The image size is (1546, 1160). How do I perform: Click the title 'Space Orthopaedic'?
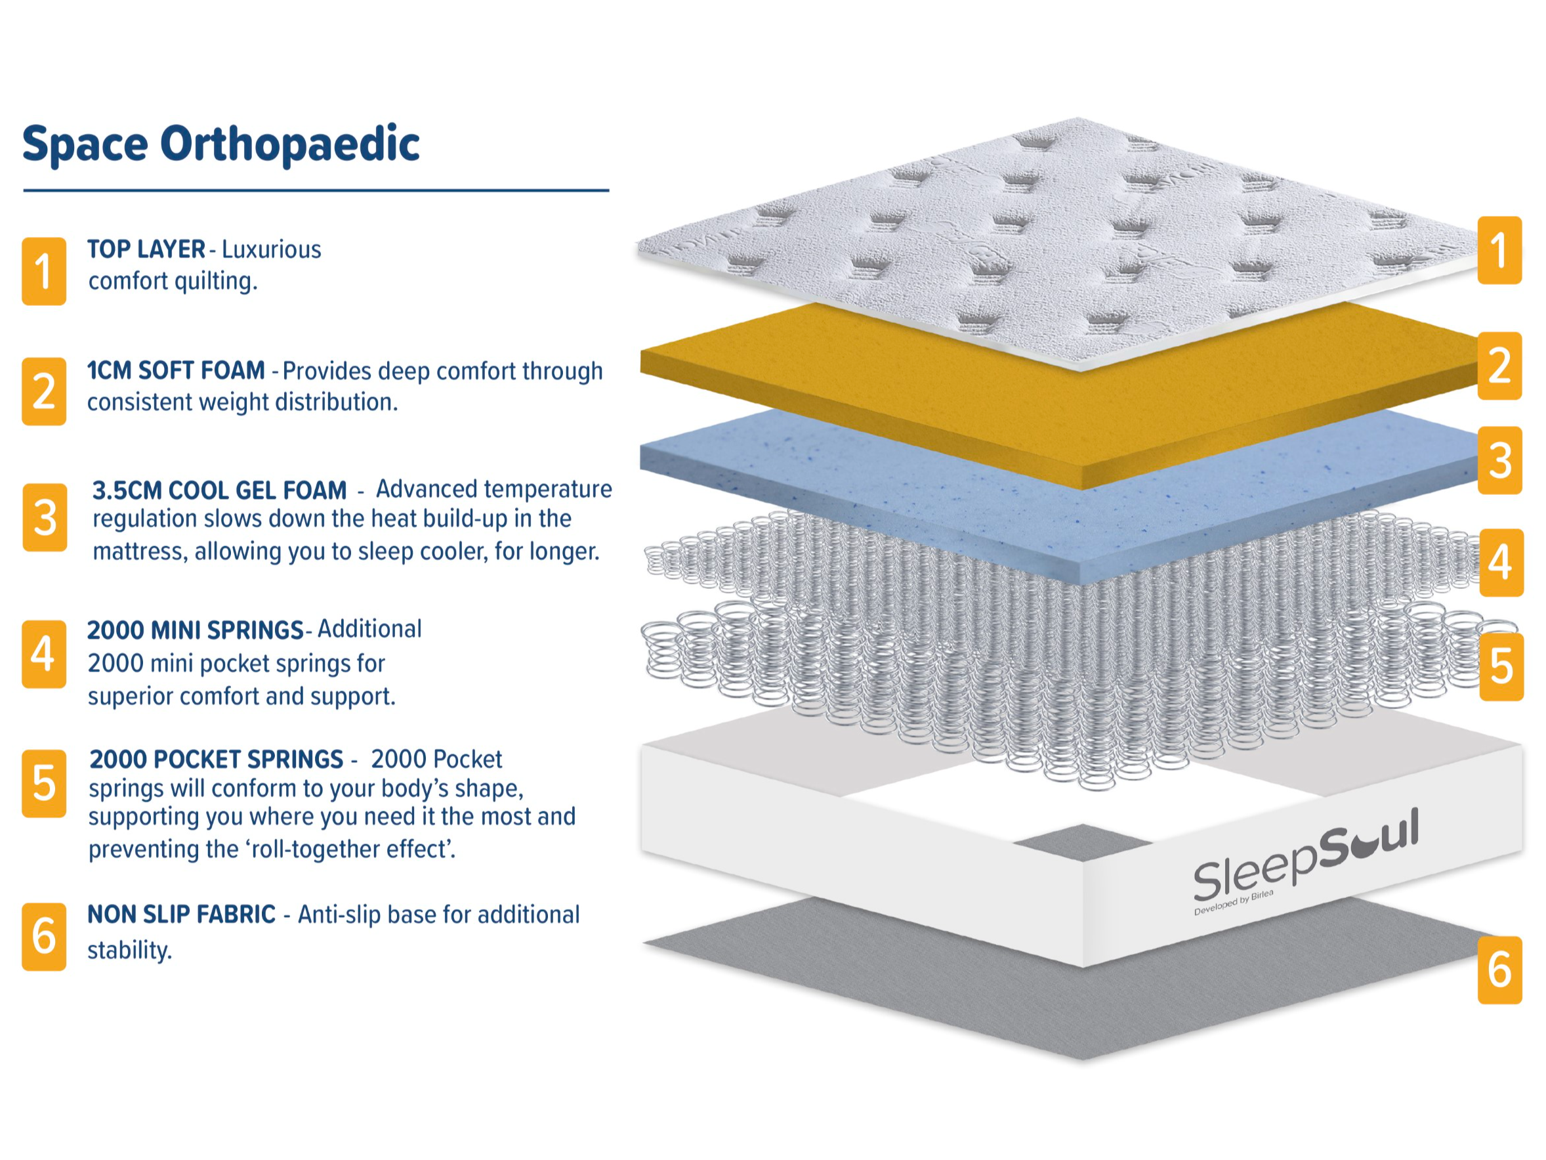(221, 144)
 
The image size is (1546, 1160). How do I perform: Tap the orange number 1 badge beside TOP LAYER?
(44, 271)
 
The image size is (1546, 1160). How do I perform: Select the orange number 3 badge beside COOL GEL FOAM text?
(45, 517)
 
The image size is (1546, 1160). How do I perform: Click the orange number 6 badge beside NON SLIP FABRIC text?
(44, 936)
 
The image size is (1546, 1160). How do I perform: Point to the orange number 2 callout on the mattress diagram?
(1499, 366)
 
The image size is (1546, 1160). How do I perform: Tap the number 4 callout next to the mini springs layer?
(1501, 562)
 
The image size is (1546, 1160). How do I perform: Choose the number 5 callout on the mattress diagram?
(1501, 666)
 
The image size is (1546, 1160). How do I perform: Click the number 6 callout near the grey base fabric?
(1500, 970)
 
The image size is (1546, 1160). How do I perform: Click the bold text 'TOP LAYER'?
(146, 249)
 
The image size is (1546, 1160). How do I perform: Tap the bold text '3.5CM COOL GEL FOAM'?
(219, 490)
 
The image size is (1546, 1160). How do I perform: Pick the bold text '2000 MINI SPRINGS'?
(195, 630)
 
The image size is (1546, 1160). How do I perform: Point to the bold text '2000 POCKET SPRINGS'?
(217, 759)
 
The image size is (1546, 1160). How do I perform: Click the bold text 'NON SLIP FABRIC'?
(182, 914)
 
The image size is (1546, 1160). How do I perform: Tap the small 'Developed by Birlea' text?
(1234, 903)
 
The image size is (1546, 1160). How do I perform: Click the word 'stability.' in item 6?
(129, 949)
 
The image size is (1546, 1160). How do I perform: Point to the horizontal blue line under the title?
(316, 190)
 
